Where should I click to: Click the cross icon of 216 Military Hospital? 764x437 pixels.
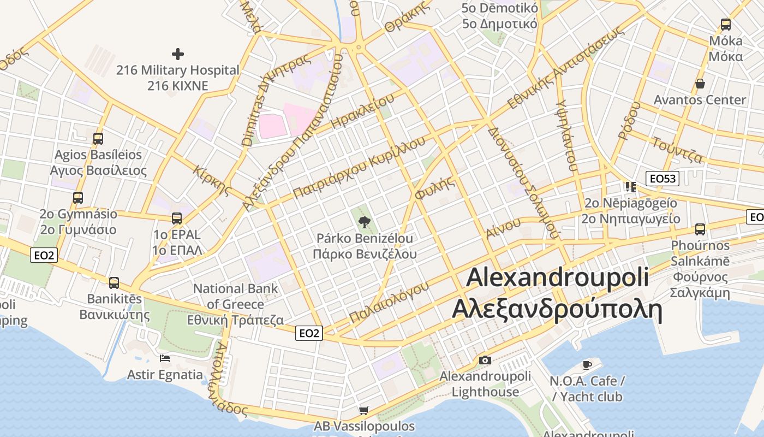pos(177,54)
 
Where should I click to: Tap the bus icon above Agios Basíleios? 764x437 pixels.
pos(98,139)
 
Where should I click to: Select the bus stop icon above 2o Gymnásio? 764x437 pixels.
pos(78,198)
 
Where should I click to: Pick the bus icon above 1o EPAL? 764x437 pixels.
pos(176,218)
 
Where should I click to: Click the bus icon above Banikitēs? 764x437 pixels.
pos(114,283)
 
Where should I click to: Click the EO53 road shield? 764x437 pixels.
pos(662,179)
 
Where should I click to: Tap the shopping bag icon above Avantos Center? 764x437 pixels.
pos(700,84)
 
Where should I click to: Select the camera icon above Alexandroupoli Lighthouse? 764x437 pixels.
pos(485,360)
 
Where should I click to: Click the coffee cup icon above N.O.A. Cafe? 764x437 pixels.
pos(587,364)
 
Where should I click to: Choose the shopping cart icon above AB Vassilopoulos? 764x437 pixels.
pos(364,410)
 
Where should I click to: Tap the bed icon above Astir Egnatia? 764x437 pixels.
pos(165,358)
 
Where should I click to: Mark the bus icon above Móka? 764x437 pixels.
pos(725,25)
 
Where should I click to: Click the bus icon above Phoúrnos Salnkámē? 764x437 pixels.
pos(700,229)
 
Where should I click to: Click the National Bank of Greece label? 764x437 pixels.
pos(236,304)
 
